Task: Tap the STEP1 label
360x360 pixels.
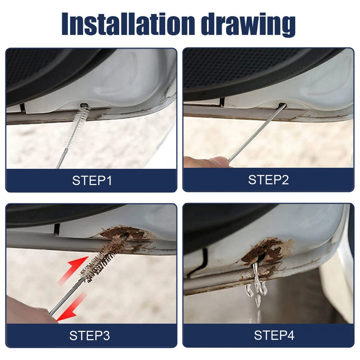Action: point(92,181)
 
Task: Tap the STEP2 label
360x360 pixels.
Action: point(268,180)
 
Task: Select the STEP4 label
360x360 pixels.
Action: point(274,335)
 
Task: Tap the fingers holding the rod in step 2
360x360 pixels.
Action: point(204,162)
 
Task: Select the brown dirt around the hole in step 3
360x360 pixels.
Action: point(126,234)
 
